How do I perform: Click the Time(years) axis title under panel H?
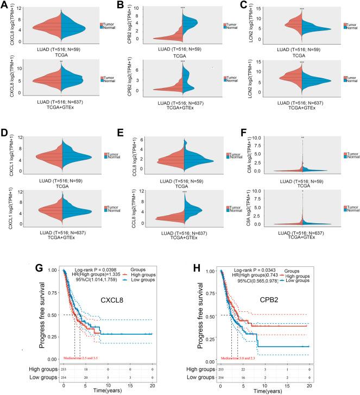(266, 390)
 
